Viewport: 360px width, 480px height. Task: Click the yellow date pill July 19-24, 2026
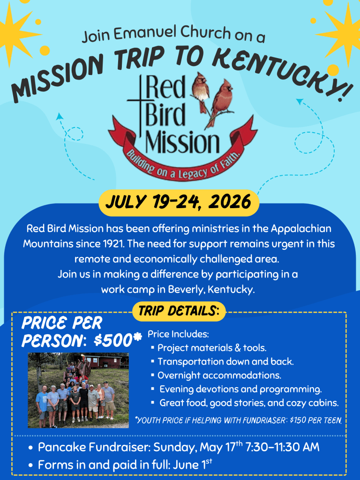179,203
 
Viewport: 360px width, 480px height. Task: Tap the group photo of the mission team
78,390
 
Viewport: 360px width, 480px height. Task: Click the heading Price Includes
178,335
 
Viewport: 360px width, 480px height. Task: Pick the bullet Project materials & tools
212,348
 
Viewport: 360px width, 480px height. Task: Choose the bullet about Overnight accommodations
219,375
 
